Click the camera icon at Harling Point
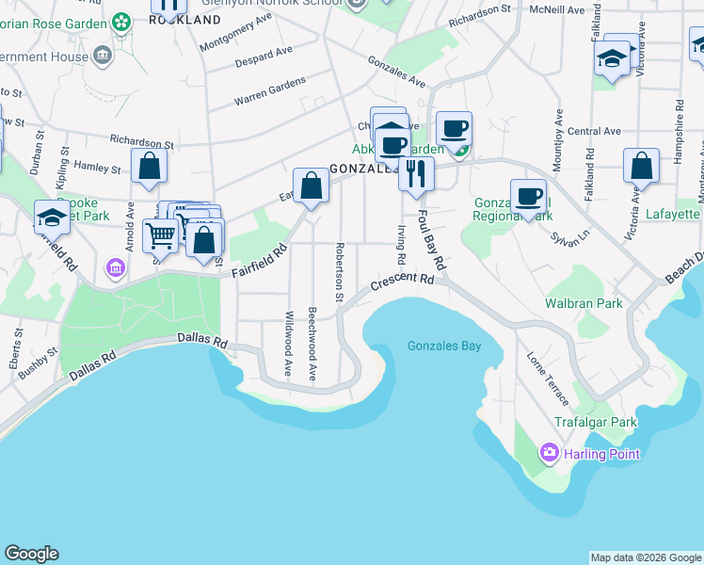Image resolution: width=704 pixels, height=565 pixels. (549, 454)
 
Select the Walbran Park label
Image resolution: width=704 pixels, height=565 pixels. (584, 303)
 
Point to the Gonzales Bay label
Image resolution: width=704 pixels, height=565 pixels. (444, 346)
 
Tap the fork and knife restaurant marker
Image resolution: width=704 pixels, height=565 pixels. (415, 173)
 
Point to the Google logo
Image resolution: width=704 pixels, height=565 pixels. (31, 554)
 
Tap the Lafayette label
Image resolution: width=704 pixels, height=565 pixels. (673, 215)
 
